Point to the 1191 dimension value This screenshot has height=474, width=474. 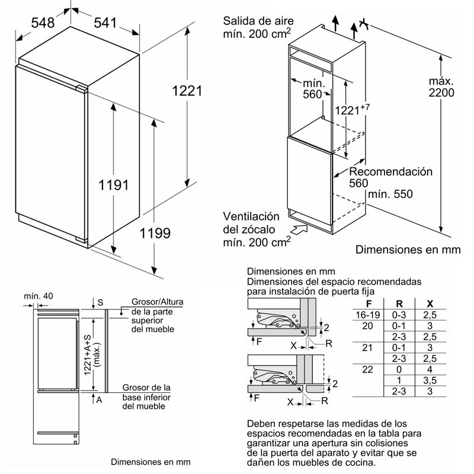(x=113, y=185)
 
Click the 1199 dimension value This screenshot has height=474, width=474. (x=155, y=232)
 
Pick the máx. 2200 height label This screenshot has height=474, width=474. (x=441, y=87)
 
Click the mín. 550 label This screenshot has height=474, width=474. (x=389, y=194)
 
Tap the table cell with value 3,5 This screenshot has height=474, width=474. (x=432, y=380)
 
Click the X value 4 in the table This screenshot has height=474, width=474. (x=432, y=369)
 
